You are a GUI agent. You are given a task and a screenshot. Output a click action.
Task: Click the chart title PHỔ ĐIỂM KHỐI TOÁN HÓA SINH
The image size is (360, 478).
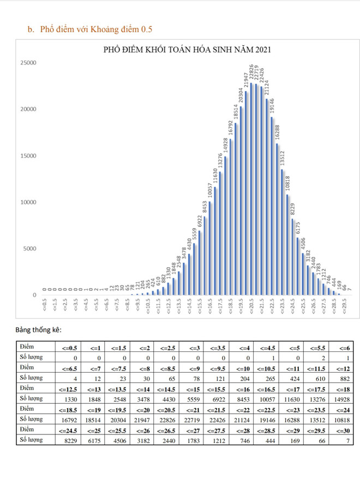tap(187, 50)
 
